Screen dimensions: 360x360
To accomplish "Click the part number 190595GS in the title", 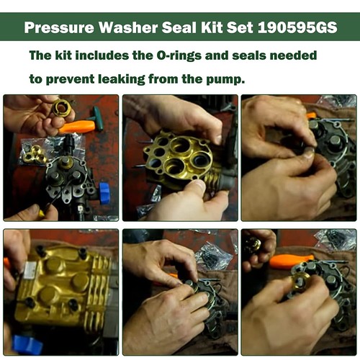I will pyautogui.click(x=297, y=29).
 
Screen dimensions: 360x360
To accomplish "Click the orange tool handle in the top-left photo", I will pyautogui.click(x=78, y=127).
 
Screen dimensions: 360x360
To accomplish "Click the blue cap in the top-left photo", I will pyautogui.click(x=104, y=192).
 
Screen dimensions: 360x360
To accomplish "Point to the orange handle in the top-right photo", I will pyautogui.click(x=311, y=115).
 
